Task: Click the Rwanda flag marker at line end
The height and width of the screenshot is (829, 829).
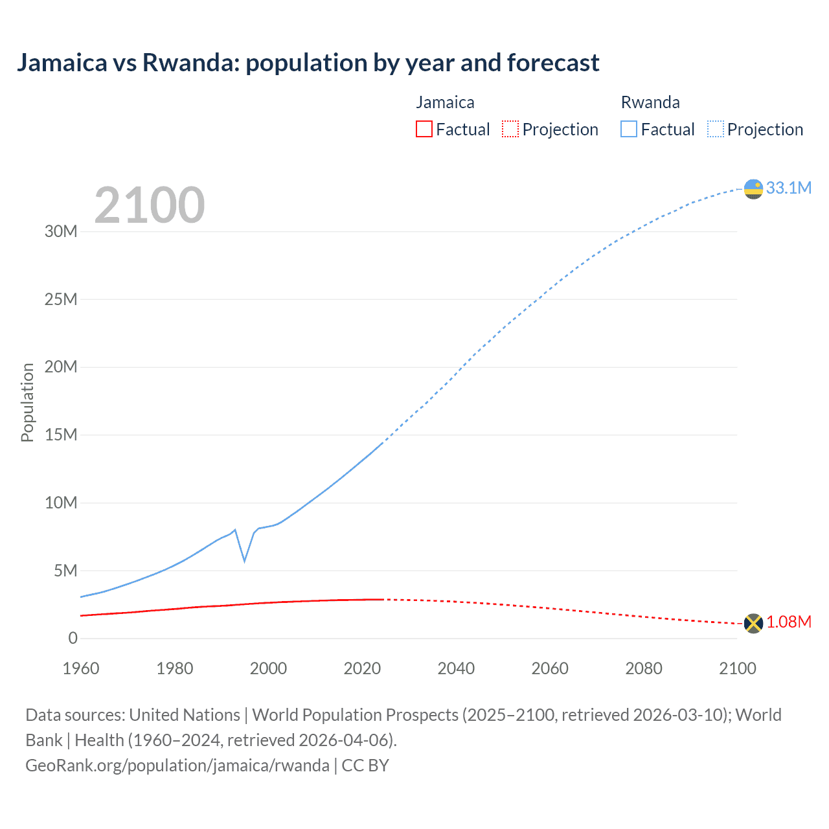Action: pos(753,189)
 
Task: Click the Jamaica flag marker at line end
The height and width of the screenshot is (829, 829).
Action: pos(753,623)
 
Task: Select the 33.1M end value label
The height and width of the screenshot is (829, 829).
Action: pos(788,188)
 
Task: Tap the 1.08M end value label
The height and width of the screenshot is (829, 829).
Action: pos(789,622)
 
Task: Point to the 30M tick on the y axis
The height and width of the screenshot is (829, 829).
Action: pos(61,232)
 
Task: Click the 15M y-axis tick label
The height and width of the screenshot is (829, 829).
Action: pos(61,435)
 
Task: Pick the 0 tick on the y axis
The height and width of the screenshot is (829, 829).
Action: pos(73,638)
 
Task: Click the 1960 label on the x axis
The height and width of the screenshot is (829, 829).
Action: pos(81,668)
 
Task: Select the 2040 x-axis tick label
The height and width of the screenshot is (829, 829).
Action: pos(456,668)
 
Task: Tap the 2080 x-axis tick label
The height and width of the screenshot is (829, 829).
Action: pos(644,668)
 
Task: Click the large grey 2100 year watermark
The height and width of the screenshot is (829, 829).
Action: pos(150,205)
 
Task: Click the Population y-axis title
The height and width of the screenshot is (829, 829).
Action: pos(27,402)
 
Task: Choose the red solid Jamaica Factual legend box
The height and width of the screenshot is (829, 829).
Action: pos(424,130)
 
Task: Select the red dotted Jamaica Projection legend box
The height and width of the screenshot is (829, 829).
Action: pos(510,130)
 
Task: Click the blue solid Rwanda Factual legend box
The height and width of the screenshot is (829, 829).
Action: pos(629,130)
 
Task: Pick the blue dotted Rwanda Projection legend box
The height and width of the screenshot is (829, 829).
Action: pos(716,130)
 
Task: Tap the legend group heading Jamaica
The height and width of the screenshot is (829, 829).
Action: pos(445,102)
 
